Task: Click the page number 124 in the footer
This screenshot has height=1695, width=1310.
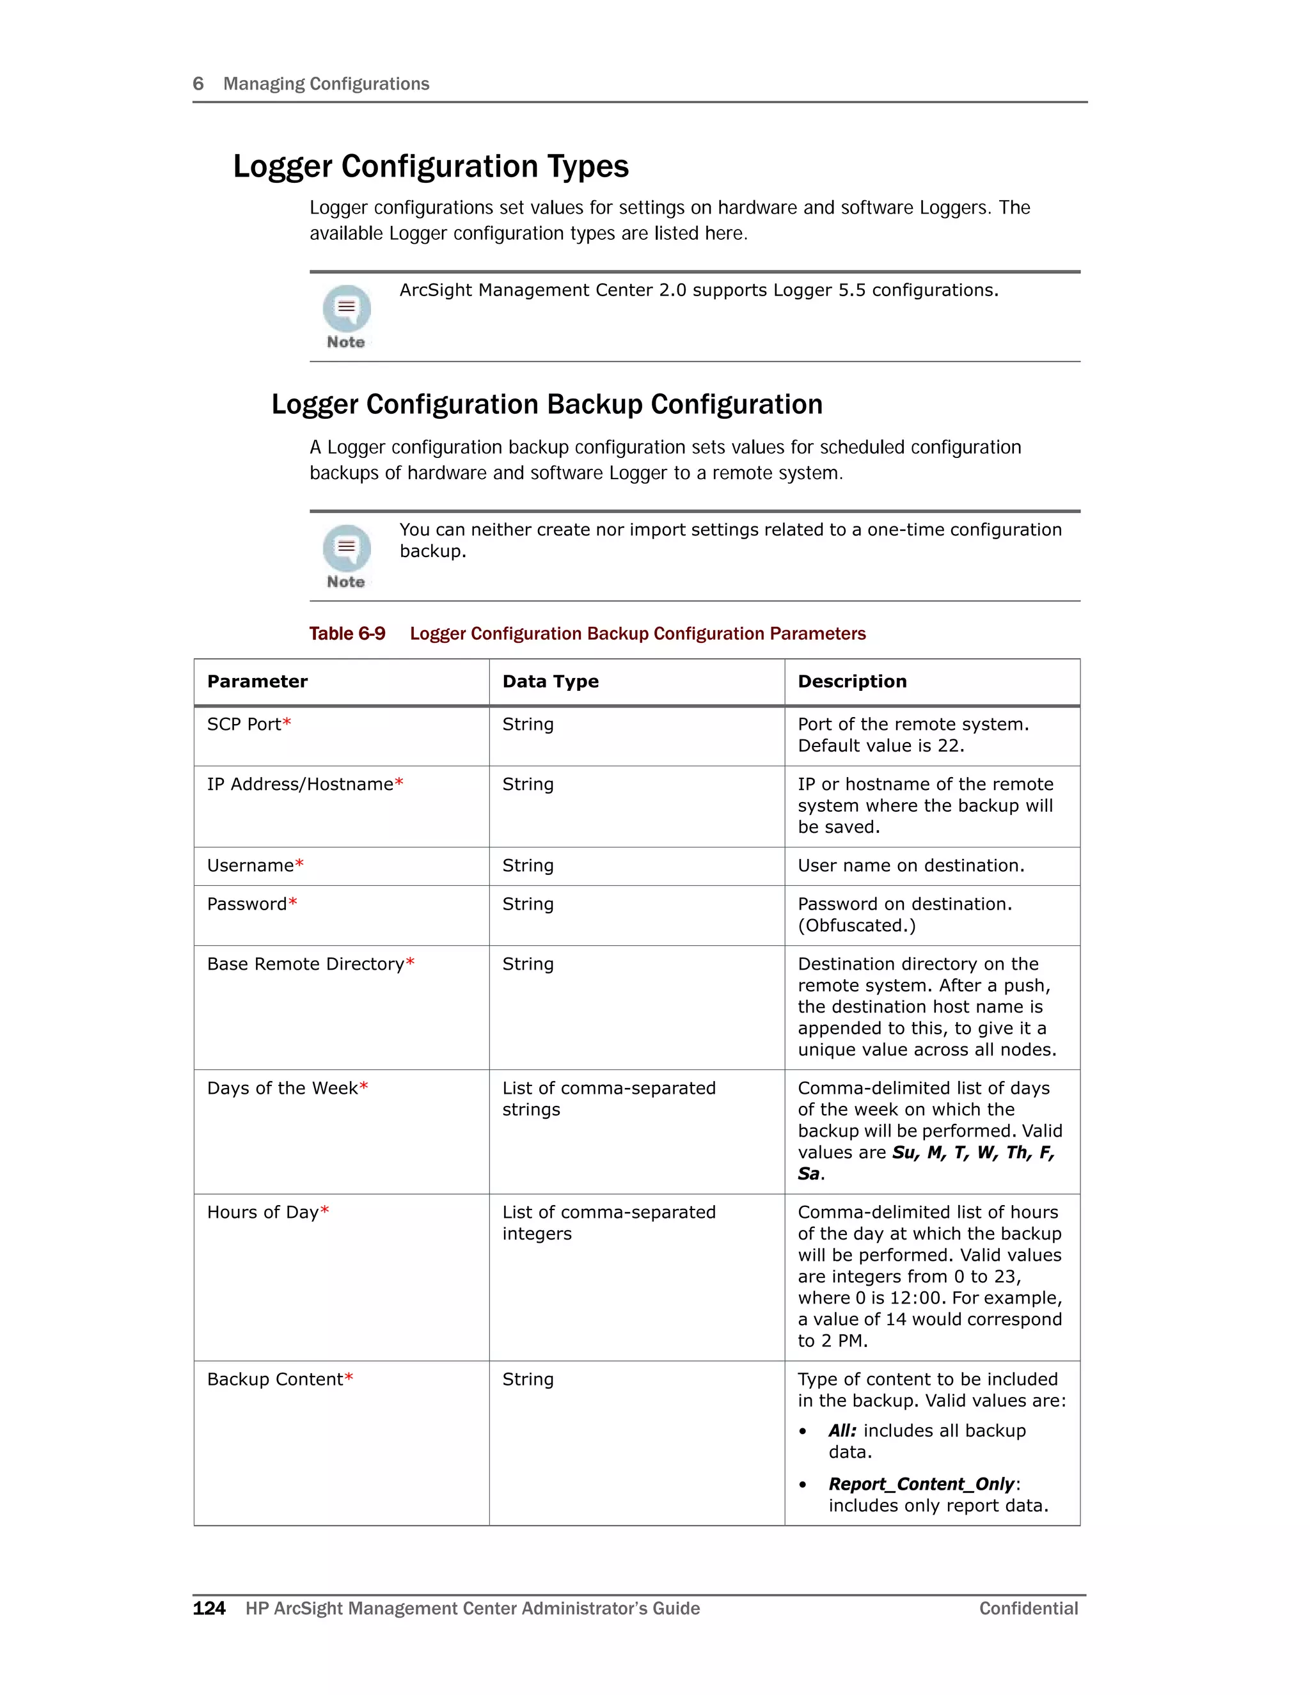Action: click(x=209, y=1608)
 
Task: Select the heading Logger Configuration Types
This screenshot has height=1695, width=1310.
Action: click(x=430, y=167)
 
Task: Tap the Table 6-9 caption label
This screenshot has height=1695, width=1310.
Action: click(x=347, y=633)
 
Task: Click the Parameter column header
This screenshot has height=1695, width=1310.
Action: click(x=257, y=681)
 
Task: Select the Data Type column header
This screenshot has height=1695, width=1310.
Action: click(x=550, y=681)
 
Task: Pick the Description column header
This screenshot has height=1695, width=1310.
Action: click(x=851, y=681)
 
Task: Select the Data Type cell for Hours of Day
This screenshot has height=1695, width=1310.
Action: click(x=608, y=1222)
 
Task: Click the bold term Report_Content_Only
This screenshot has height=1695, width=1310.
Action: click(x=921, y=1484)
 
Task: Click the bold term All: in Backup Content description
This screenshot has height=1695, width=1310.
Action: click(x=842, y=1430)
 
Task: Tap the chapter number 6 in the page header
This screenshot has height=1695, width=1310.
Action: click(x=198, y=84)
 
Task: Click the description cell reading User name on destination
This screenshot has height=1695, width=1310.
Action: click(x=910, y=865)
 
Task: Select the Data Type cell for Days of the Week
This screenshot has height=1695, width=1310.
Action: click(x=608, y=1098)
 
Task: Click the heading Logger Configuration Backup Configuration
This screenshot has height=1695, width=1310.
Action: click(x=546, y=404)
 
